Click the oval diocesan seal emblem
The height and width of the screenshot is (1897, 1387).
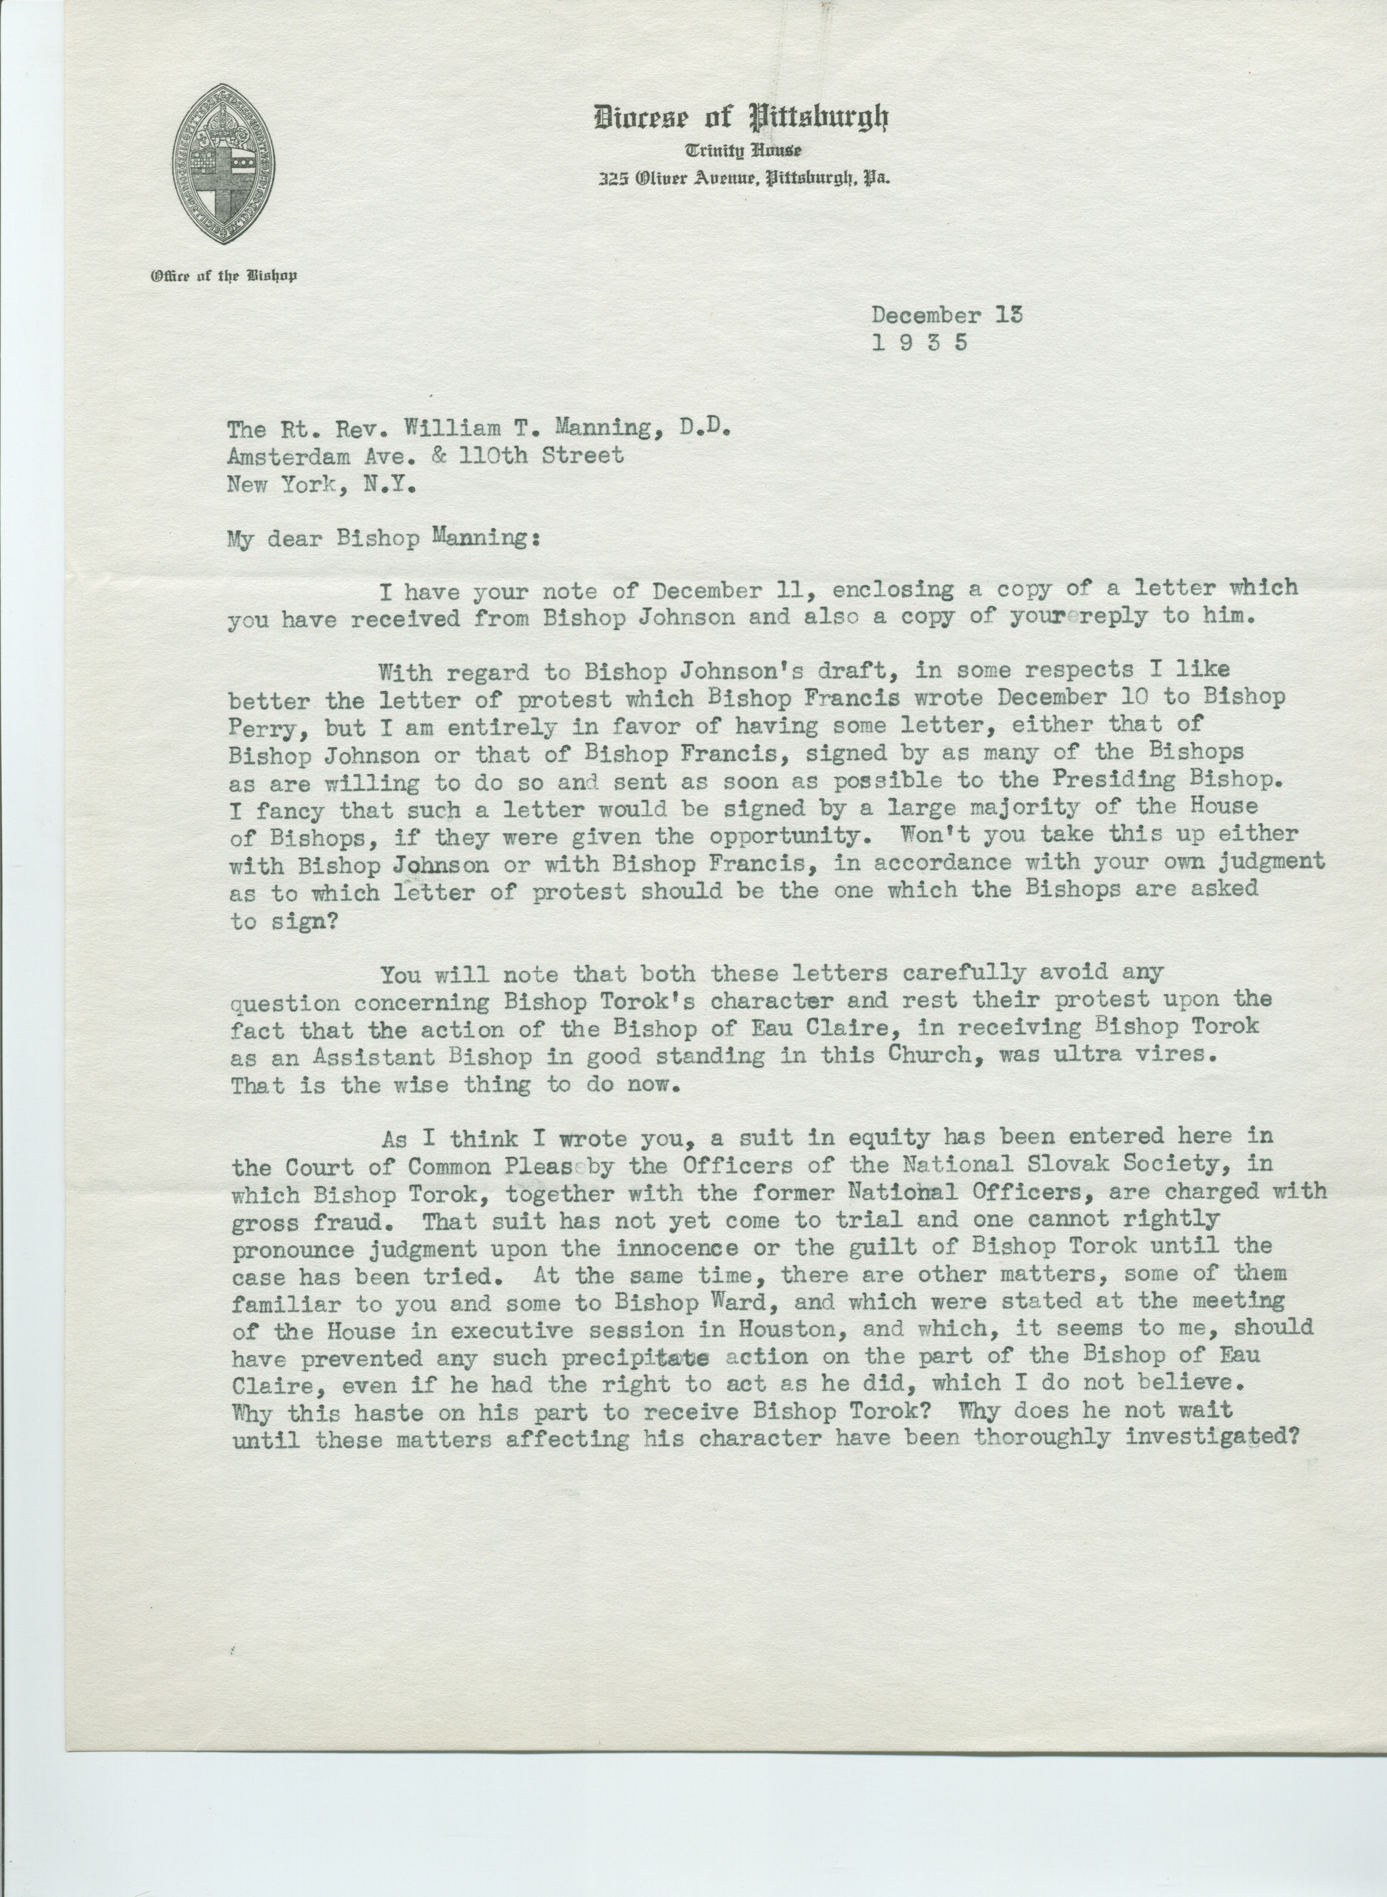224,164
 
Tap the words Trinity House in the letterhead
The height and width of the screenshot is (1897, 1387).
742,151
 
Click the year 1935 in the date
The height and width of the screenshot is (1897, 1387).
920,343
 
